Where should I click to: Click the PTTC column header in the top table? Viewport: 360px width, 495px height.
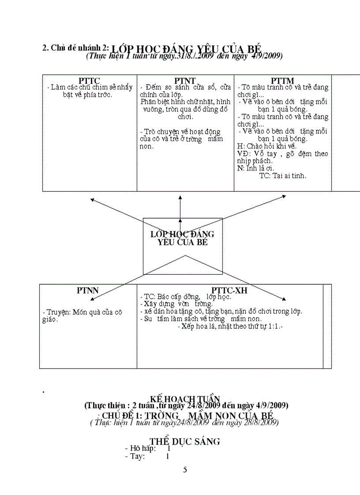(90, 80)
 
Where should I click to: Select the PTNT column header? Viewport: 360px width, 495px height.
(185, 80)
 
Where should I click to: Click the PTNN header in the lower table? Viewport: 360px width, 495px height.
(88, 290)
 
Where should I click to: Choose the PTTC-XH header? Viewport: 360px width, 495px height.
(229, 290)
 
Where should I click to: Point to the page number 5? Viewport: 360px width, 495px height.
(185, 469)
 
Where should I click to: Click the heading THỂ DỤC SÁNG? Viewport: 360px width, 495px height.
(184, 442)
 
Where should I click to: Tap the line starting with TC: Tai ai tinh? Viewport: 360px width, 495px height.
(282, 175)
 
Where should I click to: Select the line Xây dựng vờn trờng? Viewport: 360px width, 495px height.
(176, 304)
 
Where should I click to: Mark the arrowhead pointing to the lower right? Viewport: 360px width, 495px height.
(282, 300)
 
